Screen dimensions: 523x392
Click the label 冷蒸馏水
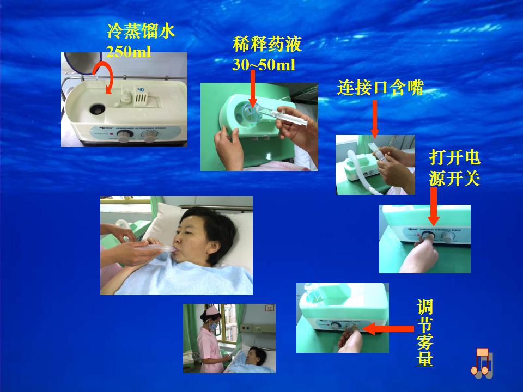click(141, 32)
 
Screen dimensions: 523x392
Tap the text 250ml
click(129, 52)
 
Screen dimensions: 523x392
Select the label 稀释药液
click(267, 44)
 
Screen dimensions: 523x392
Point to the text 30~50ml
click(264, 65)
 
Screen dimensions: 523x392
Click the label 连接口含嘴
click(380, 88)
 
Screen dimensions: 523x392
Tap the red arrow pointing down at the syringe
click(253, 88)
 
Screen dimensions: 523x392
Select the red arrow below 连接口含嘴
click(375, 119)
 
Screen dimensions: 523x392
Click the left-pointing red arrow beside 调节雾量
click(388, 329)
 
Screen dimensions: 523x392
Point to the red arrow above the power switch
click(433, 206)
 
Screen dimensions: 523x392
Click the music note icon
click(482, 364)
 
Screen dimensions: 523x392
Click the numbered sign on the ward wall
click(269, 307)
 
